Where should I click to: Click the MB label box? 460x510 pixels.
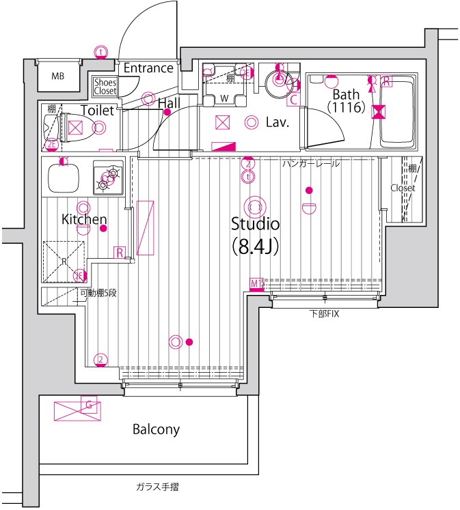(58, 75)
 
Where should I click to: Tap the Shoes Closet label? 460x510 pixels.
(105, 86)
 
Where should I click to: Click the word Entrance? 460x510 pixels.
(148, 68)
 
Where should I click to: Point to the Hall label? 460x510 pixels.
(169, 103)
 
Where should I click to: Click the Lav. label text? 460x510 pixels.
(278, 124)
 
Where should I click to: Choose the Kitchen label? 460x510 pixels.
(84, 220)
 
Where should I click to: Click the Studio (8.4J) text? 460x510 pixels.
(255, 233)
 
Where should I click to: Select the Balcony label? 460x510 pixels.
(156, 429)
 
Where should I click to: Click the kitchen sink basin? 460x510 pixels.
(63, 177)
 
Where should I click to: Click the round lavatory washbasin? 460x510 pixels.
(278, 79)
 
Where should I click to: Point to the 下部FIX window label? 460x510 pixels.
(324, 315)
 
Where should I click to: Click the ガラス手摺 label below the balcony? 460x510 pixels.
(157, 487)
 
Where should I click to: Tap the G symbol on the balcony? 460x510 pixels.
(88, 405)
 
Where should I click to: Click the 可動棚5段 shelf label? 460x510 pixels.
(98, 293)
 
